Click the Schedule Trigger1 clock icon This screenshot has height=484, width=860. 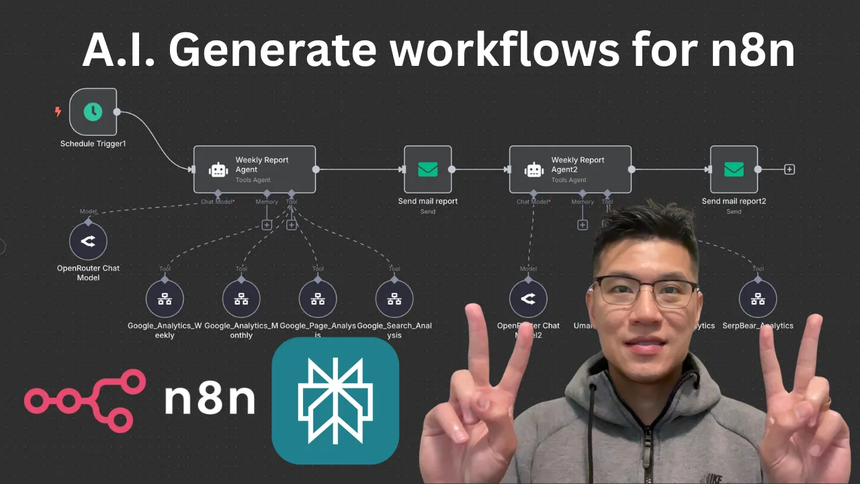pos(93,112)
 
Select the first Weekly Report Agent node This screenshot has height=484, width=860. pos(254,169)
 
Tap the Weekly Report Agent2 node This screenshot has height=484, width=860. pos(570,169)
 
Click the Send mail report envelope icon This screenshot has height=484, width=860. pos(427,169)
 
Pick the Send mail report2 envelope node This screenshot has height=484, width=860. pos(734,169)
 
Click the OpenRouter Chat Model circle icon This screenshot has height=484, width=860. pos(88,241)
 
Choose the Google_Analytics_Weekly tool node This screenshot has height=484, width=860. pos(165,299)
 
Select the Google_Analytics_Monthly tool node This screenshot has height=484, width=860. pos(241,299)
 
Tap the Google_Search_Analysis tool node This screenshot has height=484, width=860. pos(394,299)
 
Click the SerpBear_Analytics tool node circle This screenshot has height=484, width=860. pos(758,299)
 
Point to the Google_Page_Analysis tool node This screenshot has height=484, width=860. pos(318,299)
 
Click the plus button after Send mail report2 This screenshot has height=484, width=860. pos(789,169)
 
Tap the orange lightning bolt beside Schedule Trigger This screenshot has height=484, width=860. pos(58,112)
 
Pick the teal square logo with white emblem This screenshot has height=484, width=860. pos(335,401)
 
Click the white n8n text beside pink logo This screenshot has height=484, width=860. pos(210,399)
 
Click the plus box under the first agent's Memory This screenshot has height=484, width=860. pos(267,225)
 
